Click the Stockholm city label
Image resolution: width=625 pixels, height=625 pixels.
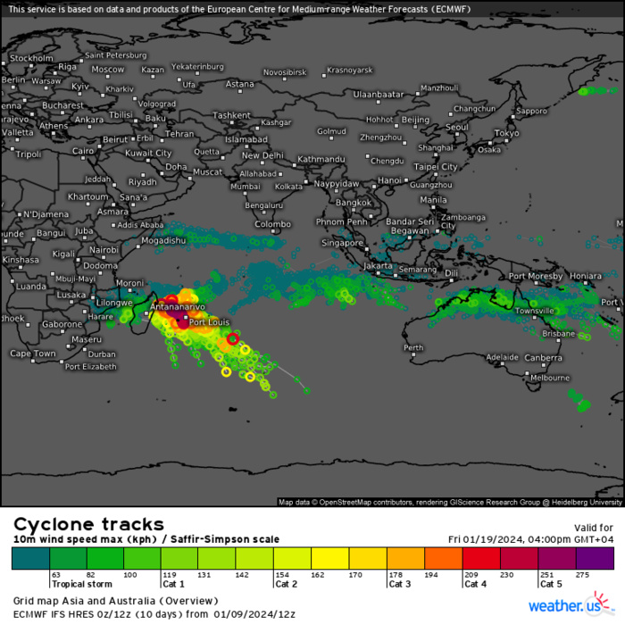click(x=32, y=58)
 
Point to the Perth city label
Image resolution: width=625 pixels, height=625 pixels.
click(x=413, y=347)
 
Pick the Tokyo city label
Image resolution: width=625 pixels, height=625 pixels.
click(x=506, y=133)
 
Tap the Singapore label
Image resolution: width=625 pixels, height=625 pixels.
click(x=342, y=242)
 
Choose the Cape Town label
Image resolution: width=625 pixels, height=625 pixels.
click(x=33, y=354)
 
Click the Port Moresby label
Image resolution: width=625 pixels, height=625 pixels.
click(x=536, y=276)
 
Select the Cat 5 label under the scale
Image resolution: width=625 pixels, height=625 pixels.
click(x=551, y=585)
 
